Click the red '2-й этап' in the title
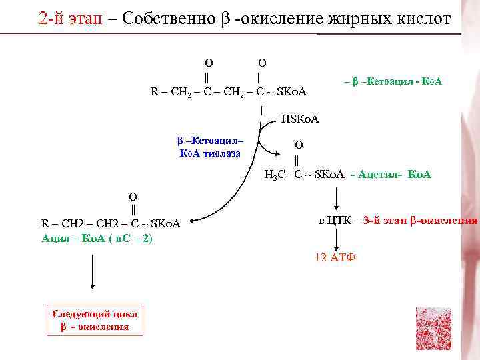[67, 18]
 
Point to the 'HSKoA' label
[300, 119]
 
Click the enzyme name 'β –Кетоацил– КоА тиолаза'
[211, 147]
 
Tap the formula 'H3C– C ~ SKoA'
[304, 175]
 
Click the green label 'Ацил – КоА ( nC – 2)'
[97, 237]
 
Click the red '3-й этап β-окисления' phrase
[421, 221]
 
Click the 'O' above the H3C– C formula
[298, 144]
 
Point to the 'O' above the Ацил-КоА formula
[133, 196]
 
